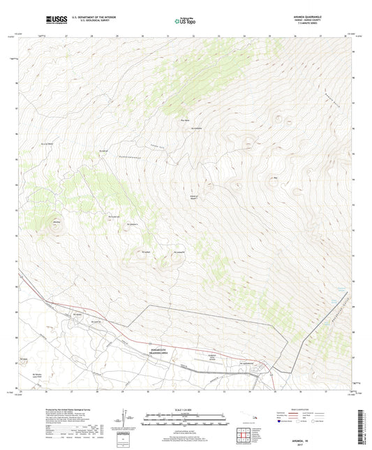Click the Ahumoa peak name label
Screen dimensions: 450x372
point(55,222)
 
